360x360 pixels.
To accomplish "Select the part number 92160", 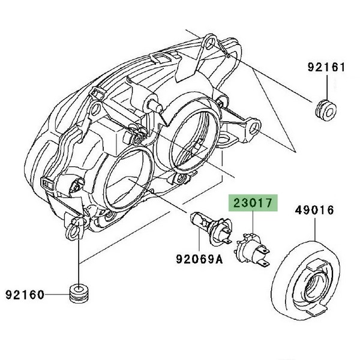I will click(25, 295).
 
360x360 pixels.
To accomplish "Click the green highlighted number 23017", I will click(252, 204).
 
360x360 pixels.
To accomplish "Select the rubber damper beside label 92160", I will click(79, 294).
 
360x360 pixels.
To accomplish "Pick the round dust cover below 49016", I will click(306, 282).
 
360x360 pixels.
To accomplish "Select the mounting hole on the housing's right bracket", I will click(254, 129).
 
